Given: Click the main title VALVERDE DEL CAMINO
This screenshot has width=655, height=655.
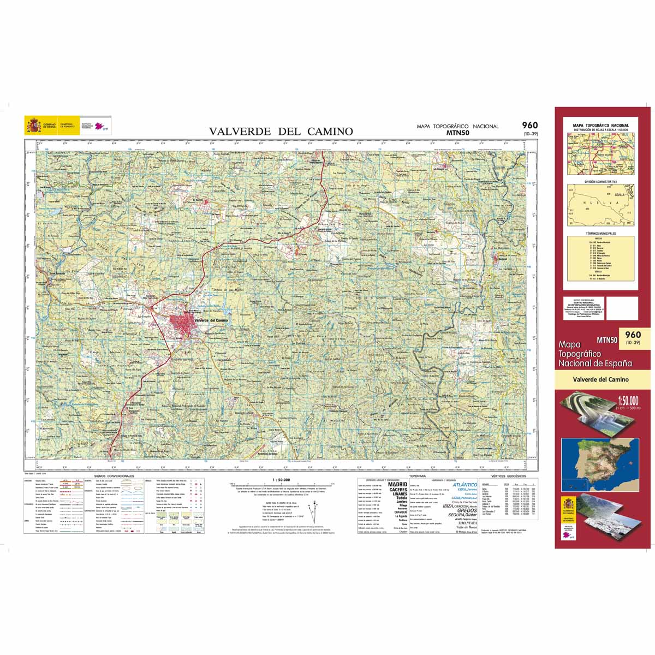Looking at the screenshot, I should point(281,131).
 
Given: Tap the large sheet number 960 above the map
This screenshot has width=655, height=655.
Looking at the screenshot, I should point(529,126).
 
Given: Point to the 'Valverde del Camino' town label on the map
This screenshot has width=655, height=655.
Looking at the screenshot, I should point(211,320).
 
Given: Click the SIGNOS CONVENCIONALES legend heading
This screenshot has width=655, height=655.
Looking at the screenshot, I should point(114,476).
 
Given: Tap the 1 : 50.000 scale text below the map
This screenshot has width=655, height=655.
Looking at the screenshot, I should point(281,480).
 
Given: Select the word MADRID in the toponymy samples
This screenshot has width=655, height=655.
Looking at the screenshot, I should point(397,484).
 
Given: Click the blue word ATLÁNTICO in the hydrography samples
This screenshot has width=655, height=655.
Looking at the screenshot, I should point(465,484).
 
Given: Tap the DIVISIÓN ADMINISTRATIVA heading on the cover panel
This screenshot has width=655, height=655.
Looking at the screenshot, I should point(600,181).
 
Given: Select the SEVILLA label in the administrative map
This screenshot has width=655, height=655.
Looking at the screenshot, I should point(619,194).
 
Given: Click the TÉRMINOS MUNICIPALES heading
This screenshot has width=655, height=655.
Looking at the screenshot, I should point(600,233).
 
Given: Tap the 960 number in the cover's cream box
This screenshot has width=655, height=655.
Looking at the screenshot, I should point(633,335).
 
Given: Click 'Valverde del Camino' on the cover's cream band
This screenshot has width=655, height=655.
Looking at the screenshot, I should point(601,379).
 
